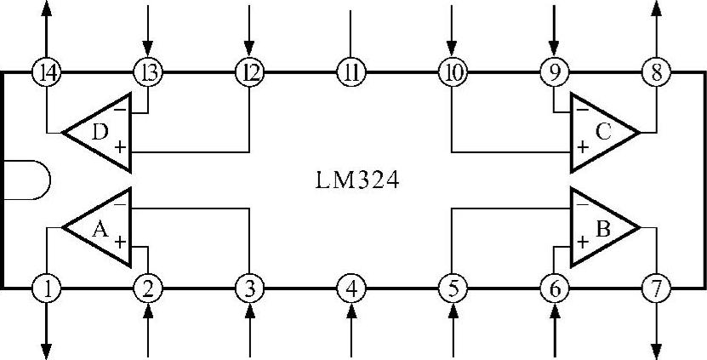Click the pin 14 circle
[x=48, y=72]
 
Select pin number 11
[x=350, y=72]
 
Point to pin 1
[x=48, y=289]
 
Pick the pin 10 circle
[x=451, y=72]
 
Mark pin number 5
[x=451, y=289]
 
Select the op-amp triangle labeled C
[x=602, y=132]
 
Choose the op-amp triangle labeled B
[x=602, y=227]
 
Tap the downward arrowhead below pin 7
[x=656, y=351]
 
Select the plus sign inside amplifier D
[x=120, y=147]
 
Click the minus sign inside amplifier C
[x=582, y=110]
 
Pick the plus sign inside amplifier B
[x=582, y=242]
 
